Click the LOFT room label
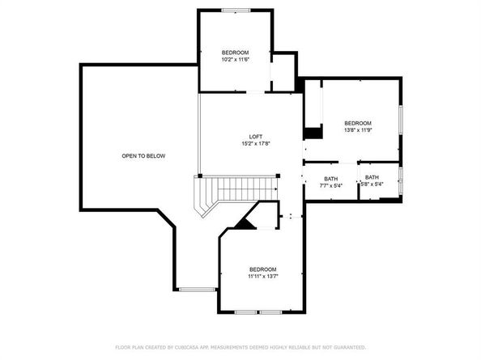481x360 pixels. [x=256, y=137]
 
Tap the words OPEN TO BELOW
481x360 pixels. [x=143, y=155]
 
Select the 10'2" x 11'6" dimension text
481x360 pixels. [x=236, y=60]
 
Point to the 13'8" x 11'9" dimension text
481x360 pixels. [x=357, y=129]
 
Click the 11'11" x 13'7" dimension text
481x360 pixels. [x=263, y=276]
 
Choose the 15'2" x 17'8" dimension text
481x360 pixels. [x=256, y=144]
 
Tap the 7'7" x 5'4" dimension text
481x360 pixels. [x=331, y=185]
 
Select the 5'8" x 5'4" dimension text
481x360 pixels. [x=372, y=184]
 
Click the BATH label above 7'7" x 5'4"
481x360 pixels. [x=331, y=178]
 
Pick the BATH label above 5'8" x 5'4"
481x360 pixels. [x=372, y=177]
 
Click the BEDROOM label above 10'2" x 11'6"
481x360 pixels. [x=236, y=53]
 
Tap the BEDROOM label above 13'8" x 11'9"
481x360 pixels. [x=357, y=122]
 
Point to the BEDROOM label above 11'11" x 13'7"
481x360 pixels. [x=263, y=269]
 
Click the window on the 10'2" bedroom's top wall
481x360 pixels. [x=236, y=10]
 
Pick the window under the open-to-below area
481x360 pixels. [x=194, y=288]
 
